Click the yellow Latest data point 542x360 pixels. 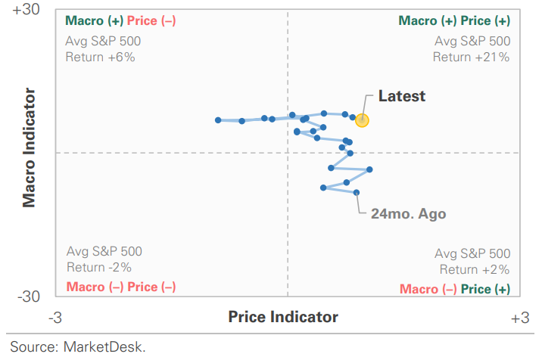click(x=363, y=119)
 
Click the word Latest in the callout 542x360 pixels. click(x=402, y=96)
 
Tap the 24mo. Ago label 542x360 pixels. click(x=408, y=213)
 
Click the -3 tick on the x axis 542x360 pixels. click(x=55, y=317)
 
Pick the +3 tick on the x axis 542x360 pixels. click(x=519, y=317)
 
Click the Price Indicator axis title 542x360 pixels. click(x=283, y=317)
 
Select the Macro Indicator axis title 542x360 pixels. click(x=30, y=148)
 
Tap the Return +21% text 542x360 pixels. click(x=472, y=57)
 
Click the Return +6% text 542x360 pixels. click(x=100, y=57)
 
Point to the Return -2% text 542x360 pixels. click(x=99, y=266)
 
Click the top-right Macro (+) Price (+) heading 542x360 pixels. click(x=454, y=20)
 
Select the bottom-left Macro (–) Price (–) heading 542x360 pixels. click(x=121, y=287)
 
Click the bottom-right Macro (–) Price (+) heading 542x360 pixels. click(x=455, y=289)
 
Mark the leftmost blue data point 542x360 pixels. click(x=218, y=119)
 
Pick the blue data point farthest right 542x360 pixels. click(x=369, y=169)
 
